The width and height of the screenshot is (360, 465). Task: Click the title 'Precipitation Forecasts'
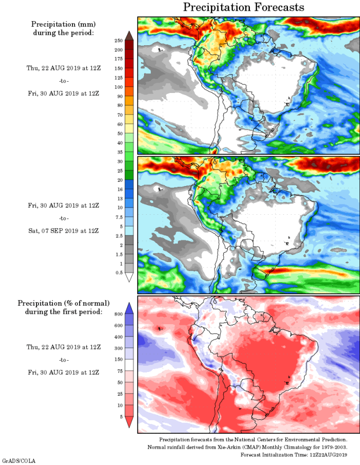(x=243, y=7)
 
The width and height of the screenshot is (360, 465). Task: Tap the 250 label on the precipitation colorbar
(x=118, y=40)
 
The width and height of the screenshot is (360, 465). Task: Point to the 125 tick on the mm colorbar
(x=118, y=78)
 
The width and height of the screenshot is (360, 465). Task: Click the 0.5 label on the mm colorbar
(x=118, y=272)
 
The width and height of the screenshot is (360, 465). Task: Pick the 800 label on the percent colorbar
(x=118, y=313)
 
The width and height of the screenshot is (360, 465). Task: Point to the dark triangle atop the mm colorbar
(x=129, y=35)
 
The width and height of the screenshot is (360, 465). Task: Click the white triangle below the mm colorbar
(x=129, y=277)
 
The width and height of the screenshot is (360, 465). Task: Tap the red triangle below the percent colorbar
(x=129, y=421)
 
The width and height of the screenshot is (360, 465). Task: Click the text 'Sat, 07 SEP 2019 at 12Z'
(x=63, y=230)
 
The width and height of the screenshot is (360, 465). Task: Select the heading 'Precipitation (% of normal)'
(x=63, y=303)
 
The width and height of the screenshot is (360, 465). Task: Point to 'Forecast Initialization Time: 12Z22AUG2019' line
(x=294, y=455)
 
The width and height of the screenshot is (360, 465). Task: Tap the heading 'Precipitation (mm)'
(x=63, y=24)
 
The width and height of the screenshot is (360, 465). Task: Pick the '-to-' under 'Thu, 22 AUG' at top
(x=63, y=81)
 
